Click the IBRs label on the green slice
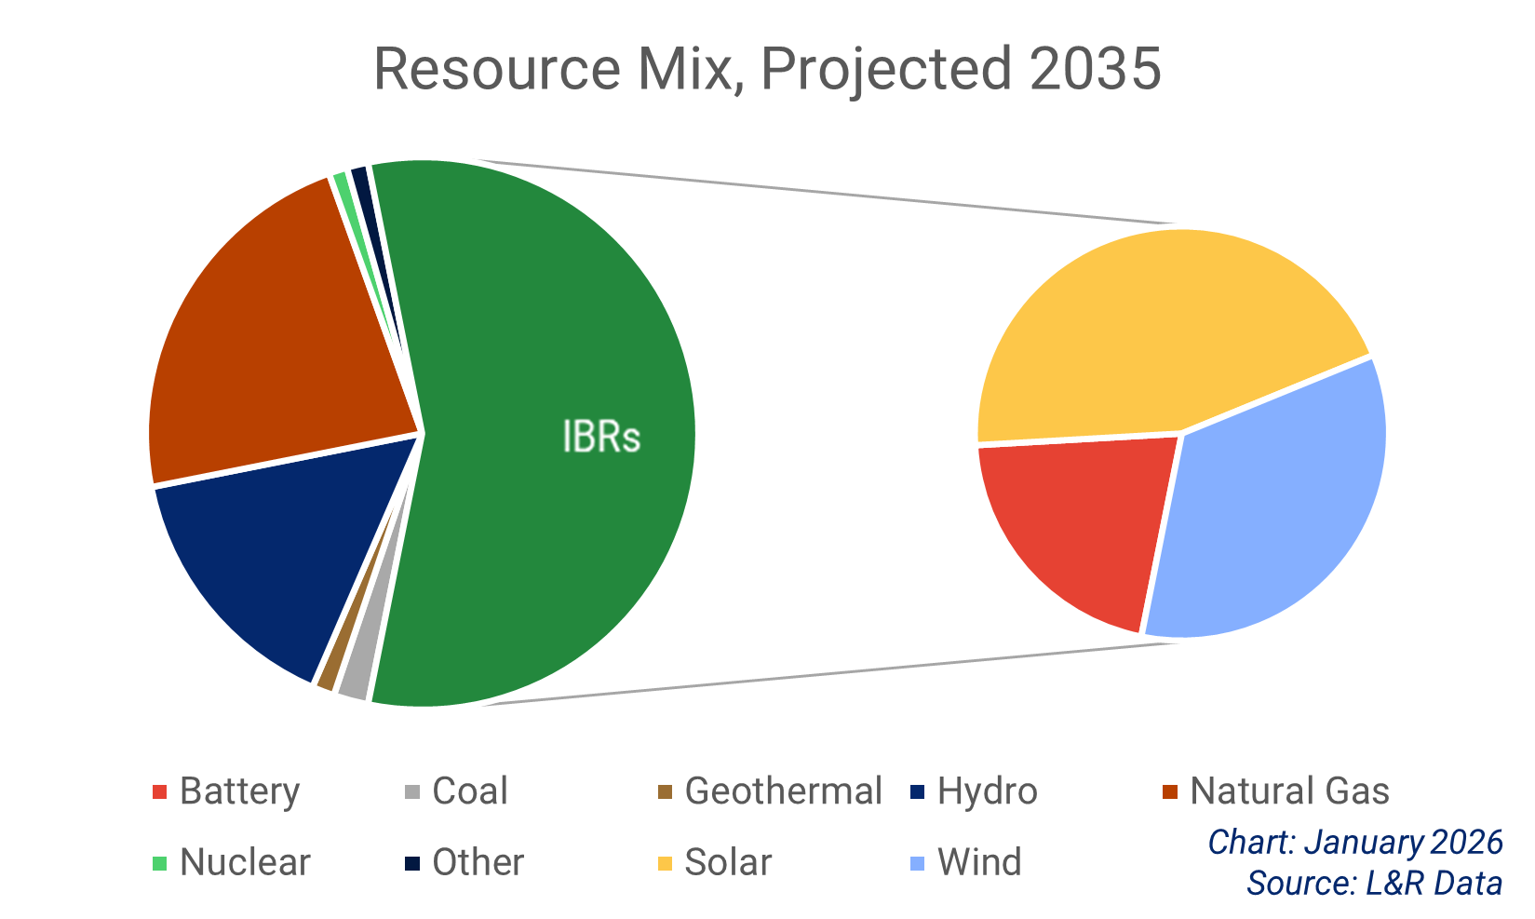(x=601, y=437)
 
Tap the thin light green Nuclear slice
(x=344, y=191)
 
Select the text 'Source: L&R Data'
(x=1374, y=882)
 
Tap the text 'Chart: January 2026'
(x=1355, y=842)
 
